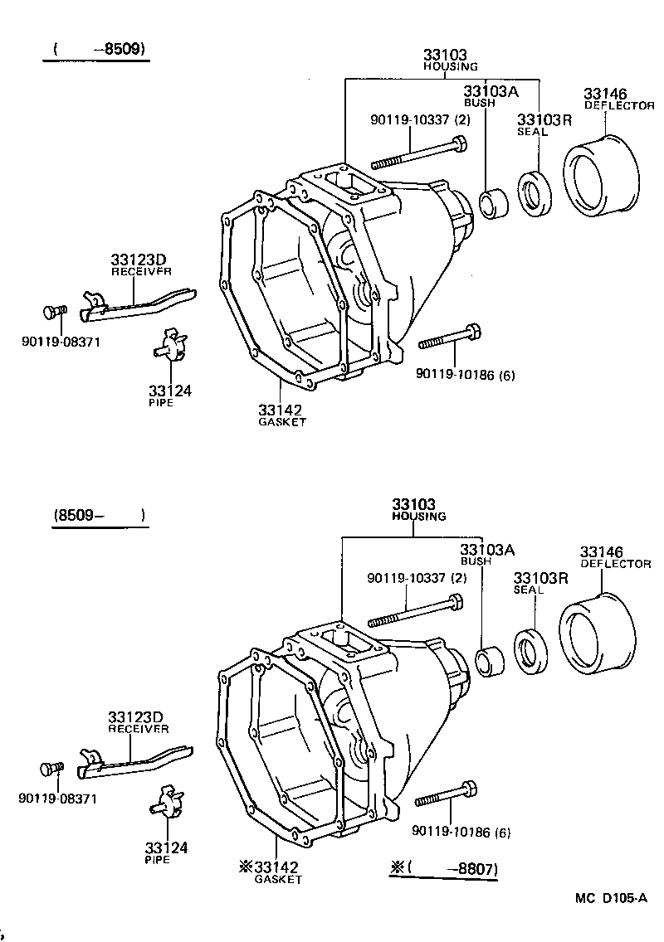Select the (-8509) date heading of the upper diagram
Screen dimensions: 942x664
99,49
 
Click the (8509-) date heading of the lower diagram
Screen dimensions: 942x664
99,516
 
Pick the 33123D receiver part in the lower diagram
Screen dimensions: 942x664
137,759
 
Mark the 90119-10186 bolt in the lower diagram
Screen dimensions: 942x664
446,794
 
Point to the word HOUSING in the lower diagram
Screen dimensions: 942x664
418,516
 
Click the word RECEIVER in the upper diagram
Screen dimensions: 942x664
141,270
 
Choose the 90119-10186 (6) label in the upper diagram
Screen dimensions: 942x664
466,374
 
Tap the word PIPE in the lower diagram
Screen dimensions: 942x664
157,860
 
